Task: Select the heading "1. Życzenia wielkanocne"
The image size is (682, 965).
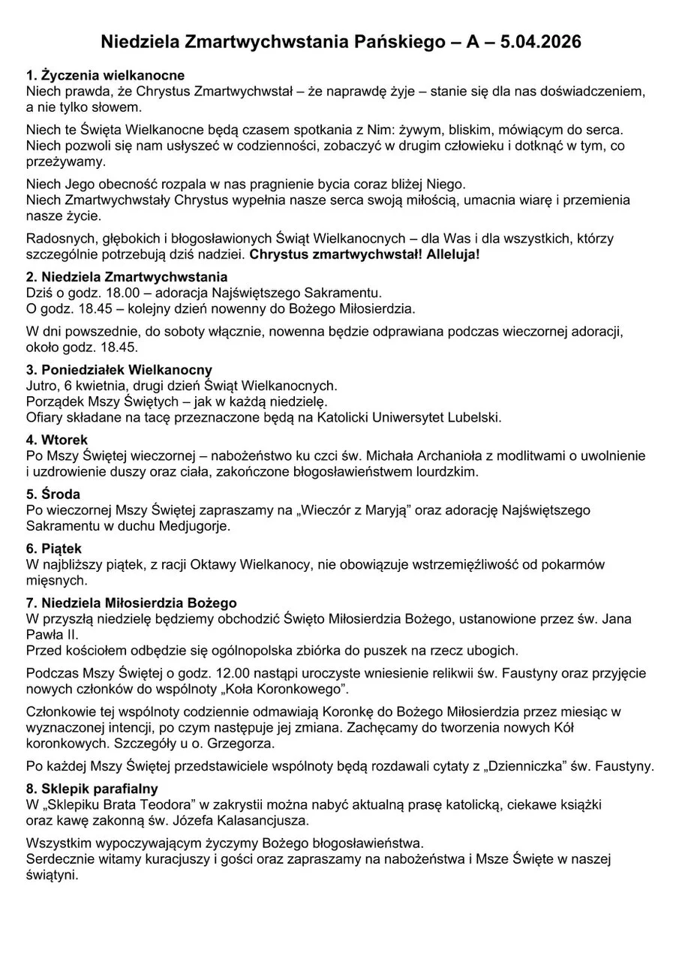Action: tap(105, 76)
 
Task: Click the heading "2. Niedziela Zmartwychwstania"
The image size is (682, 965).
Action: tap(127, 278)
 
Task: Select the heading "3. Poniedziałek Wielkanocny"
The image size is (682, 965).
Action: tap(119, 370)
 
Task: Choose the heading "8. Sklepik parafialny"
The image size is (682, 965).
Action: tap(92, 788)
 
